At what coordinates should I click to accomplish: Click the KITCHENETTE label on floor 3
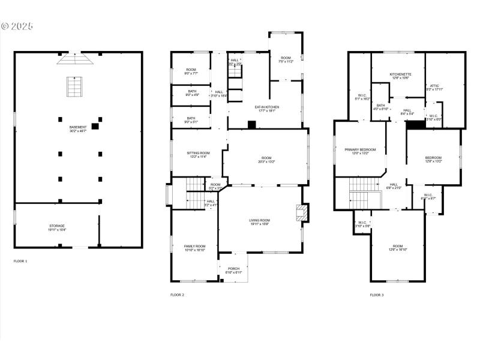point(400,75)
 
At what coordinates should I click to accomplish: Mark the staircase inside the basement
point(73,87)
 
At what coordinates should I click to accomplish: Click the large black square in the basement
point(95,127)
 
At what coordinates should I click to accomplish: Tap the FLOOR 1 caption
point(20,261)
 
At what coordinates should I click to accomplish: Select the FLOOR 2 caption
point(177,295)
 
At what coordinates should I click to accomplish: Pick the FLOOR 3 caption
point(376,295)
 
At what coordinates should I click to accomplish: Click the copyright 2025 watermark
point(17,26)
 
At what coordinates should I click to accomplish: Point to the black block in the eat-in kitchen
point(252,125)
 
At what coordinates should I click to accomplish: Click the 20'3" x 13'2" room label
point(266,160)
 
